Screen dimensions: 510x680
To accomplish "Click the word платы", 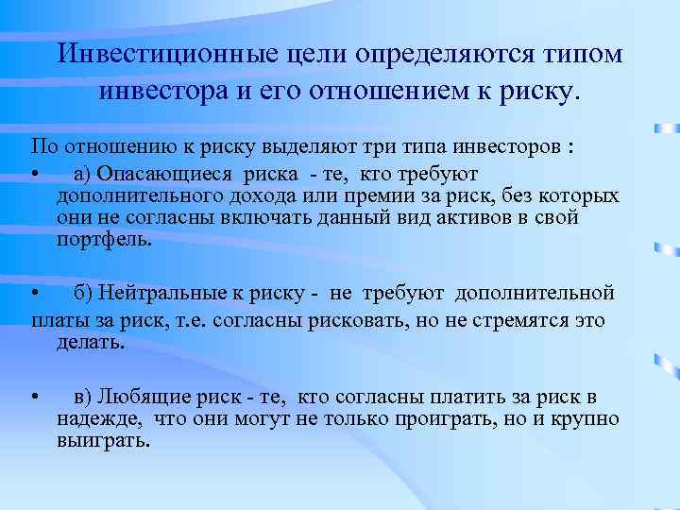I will click(x=56, y=320).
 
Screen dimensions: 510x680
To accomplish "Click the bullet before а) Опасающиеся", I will click(x=34, y=175).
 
